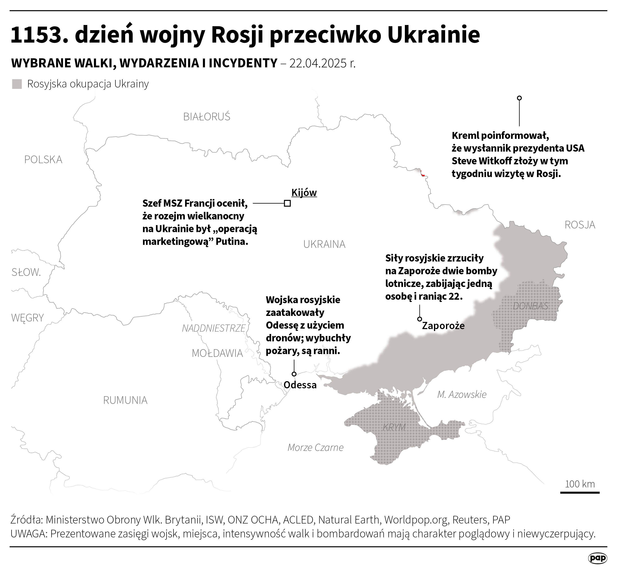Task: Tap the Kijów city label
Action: [304, 193]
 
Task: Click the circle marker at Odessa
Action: [294, 374]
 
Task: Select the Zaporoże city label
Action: [443, 326]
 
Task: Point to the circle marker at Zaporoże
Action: [419, 319]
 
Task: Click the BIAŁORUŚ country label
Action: [207, 117]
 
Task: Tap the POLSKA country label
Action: [43, 159]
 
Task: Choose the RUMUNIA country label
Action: [125, 400]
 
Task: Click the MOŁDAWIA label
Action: [217, 353]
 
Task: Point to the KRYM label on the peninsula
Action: [394, 427]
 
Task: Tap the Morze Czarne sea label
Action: [315, 448]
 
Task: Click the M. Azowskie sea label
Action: [462, 395]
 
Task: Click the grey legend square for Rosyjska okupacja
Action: [17, 84]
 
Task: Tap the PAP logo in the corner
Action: [598, 558]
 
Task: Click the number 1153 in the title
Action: [36, 35]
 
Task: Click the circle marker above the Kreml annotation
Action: [519, 98]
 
